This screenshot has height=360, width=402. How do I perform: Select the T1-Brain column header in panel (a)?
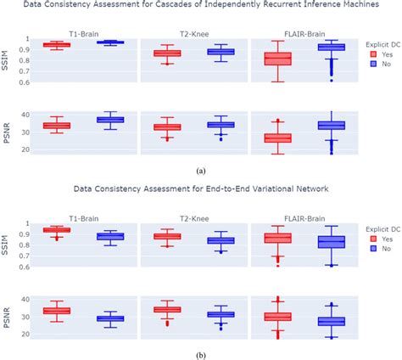[83, 26]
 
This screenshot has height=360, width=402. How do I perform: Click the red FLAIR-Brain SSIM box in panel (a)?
[277, 59]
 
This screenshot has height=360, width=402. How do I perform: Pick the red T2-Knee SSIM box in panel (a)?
[166, 53]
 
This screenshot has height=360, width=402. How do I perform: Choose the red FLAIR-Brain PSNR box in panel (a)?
[277, 138]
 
